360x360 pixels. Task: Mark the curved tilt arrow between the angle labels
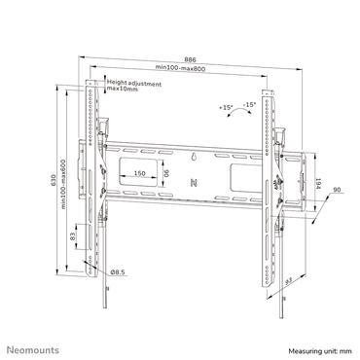click(238, 114)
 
